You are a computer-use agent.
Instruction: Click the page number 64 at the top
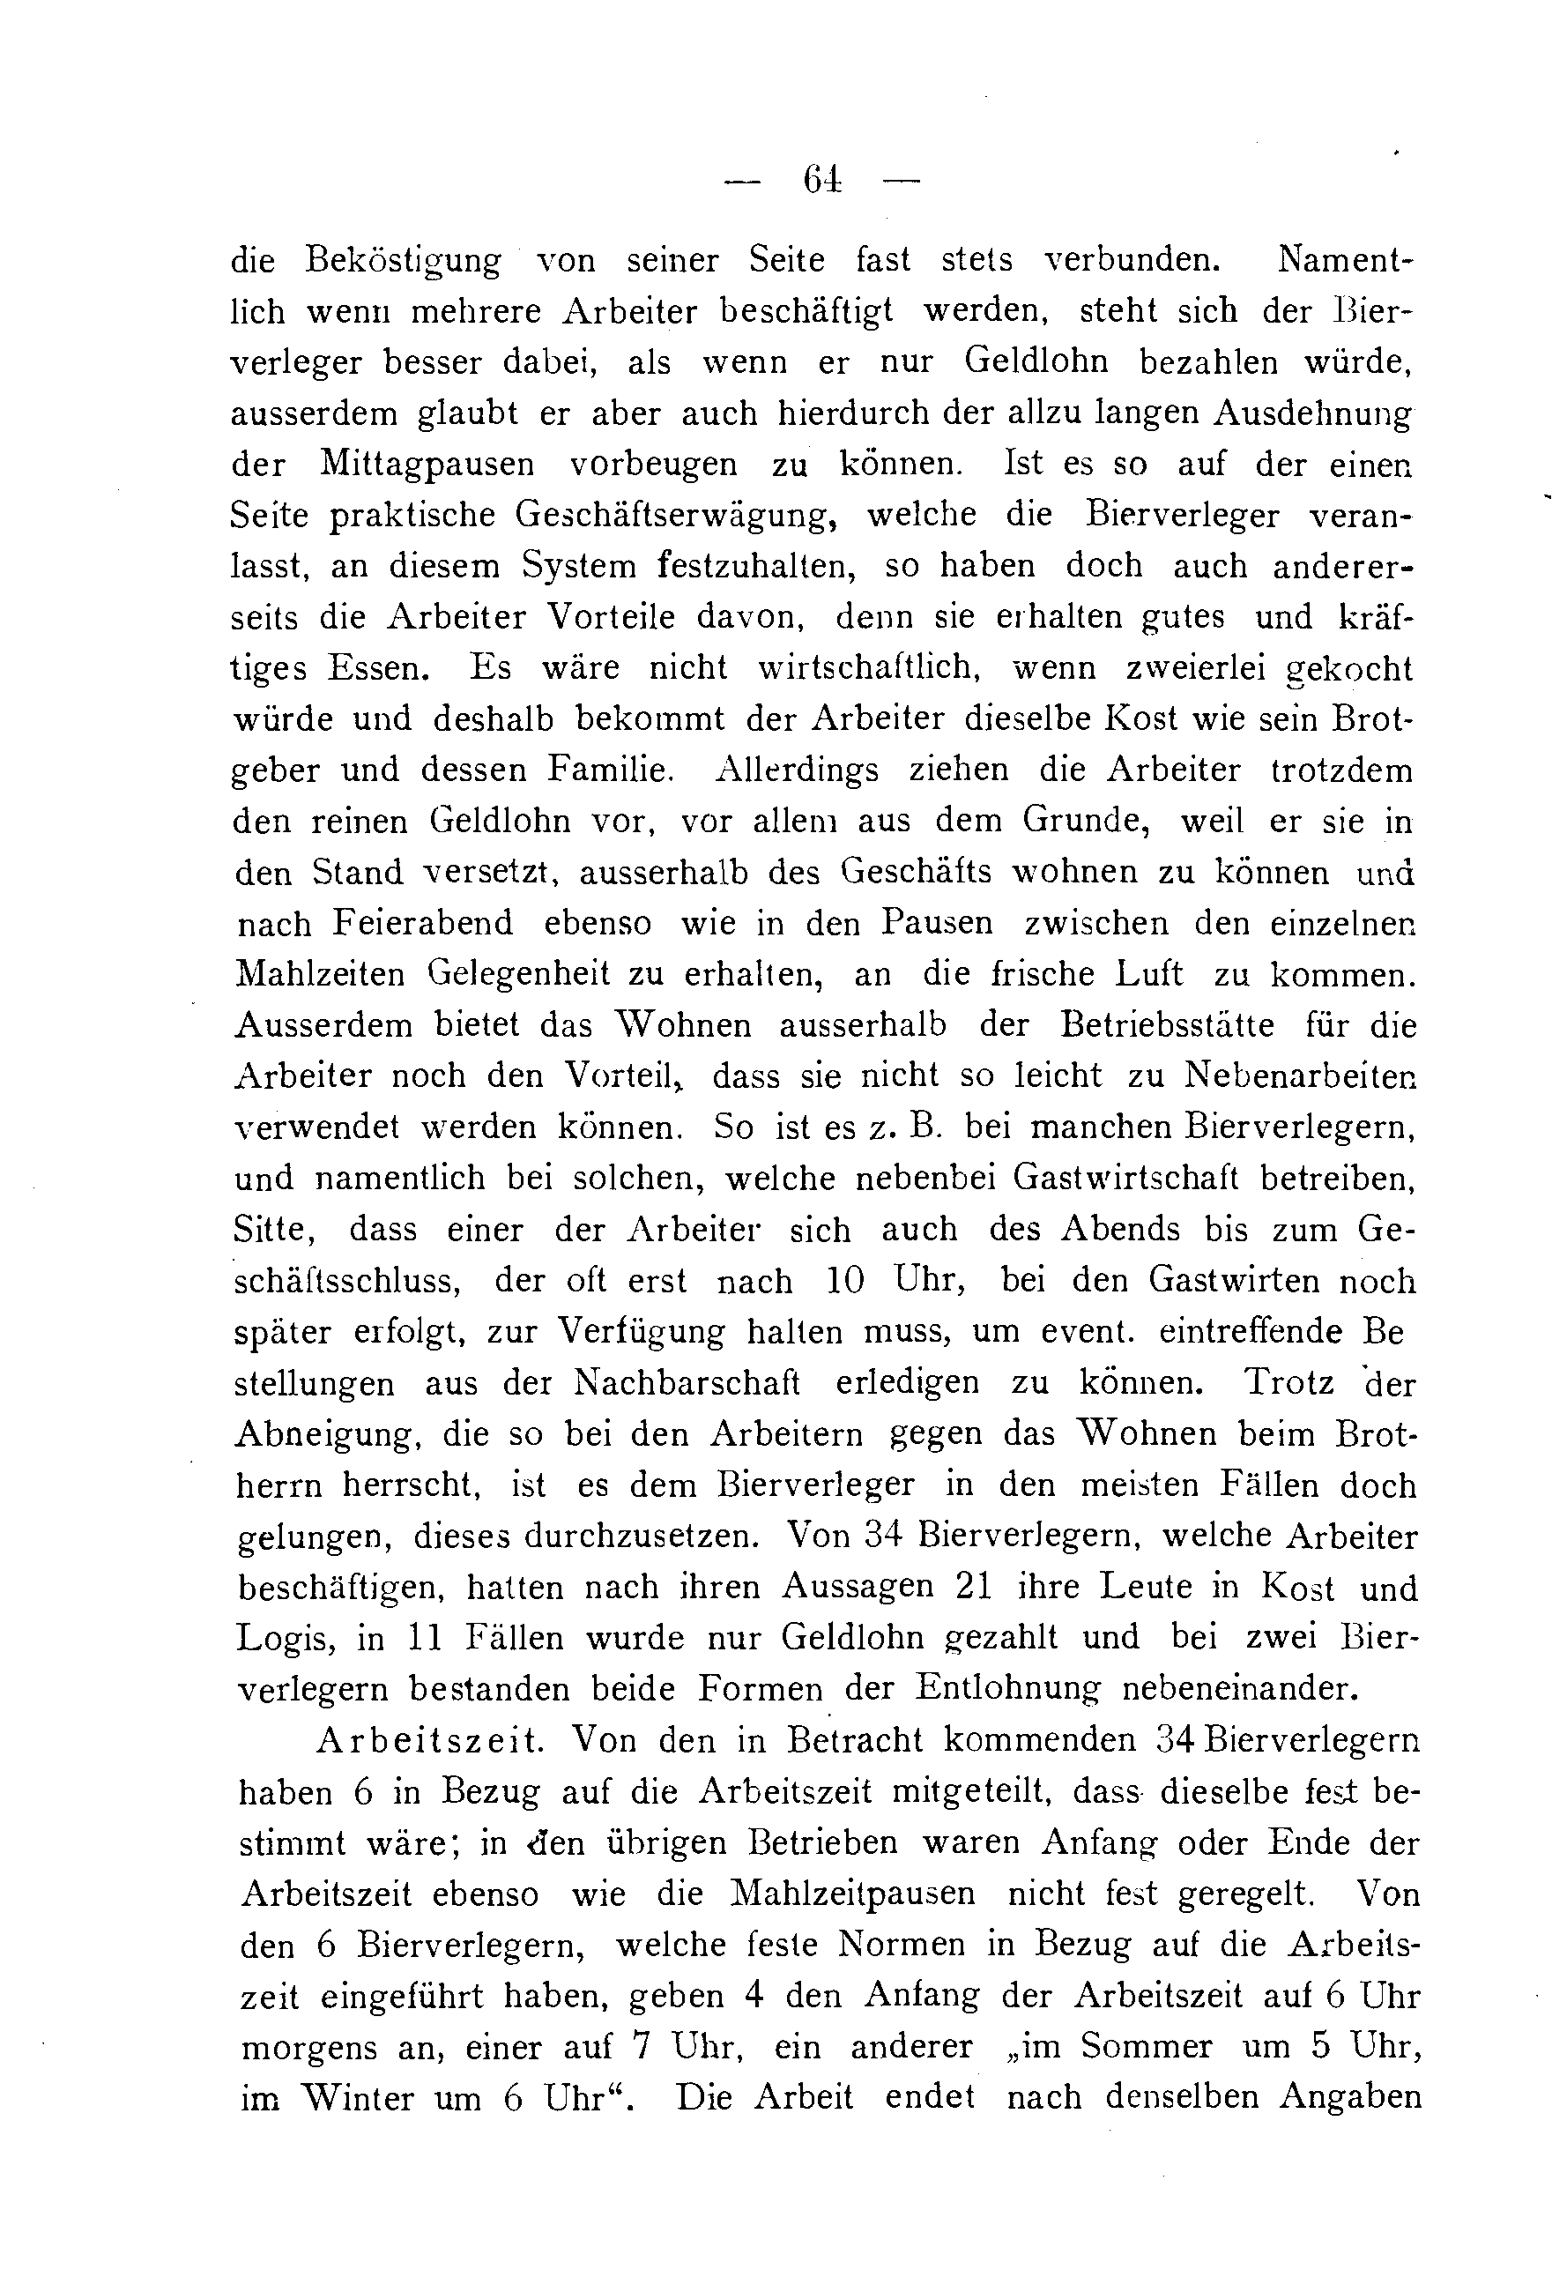(x=821, y=180)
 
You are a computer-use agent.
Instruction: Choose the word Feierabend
(x=423, y=922)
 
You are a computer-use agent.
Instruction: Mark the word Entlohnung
(x=1006, y=1689)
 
